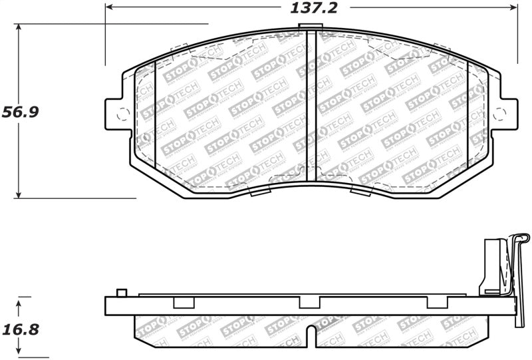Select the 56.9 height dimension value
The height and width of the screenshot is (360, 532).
click(20, 111)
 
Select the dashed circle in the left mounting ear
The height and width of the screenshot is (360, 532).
click(120, 114)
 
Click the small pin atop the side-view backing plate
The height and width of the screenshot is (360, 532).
click(120, 293)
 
